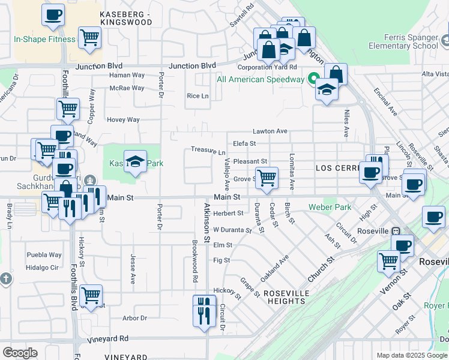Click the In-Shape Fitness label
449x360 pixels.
coord(45,40)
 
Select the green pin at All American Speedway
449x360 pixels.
coord(313,79)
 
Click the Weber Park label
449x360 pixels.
coord(330,207)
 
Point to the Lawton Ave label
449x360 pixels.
coord(270,131)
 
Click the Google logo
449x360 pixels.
coord(20,352)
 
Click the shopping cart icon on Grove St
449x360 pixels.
coord(266,176)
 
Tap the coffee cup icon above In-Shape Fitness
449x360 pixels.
coord(53,14)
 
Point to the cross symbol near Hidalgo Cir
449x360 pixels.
coord(6,278)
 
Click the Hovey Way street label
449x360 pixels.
coord(123,119)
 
